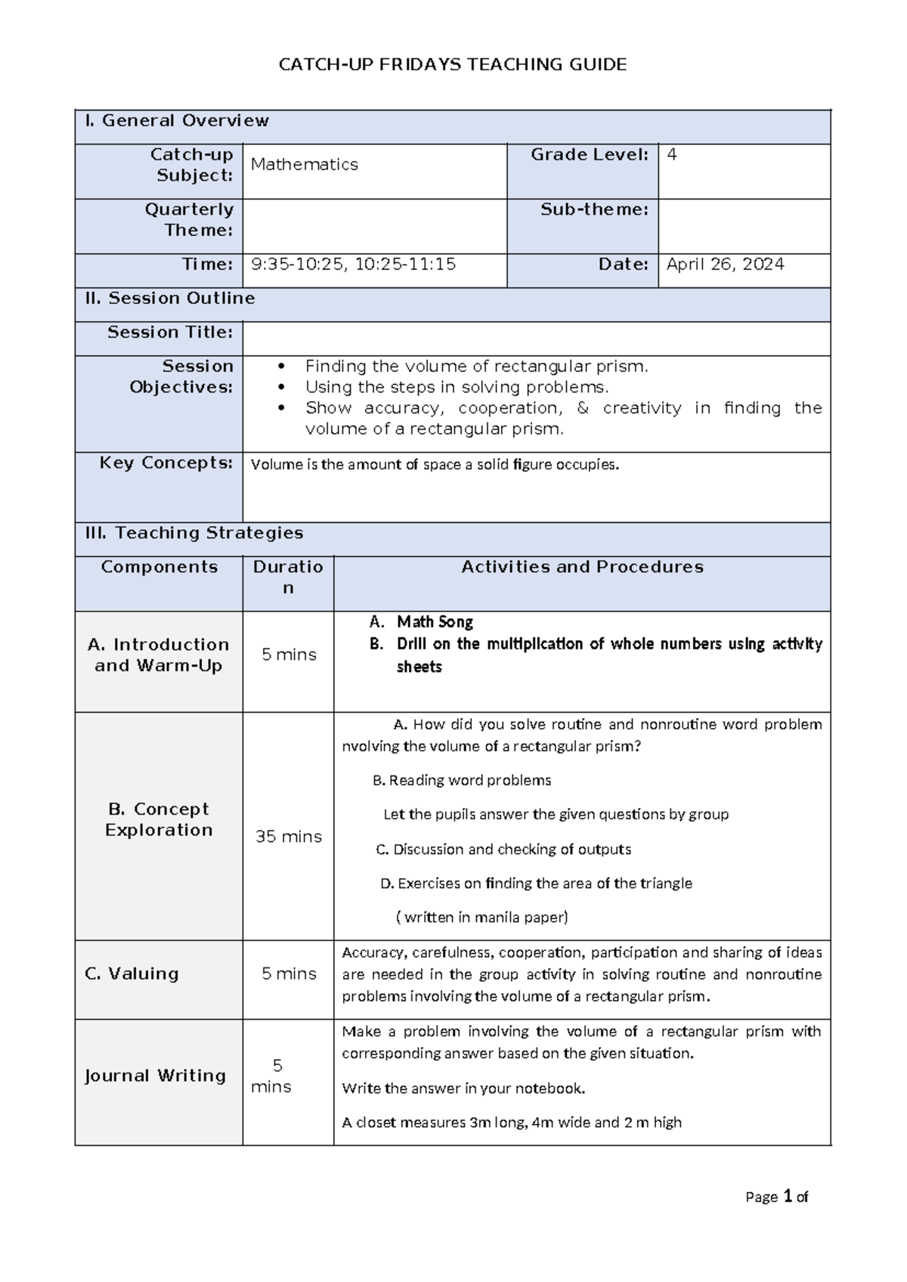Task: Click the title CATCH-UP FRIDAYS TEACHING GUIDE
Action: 453,64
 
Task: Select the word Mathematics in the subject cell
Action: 304,165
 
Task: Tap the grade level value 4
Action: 672,155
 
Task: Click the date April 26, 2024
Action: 725,265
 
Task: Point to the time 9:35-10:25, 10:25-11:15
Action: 353,265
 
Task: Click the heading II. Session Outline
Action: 170,299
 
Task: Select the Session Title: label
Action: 170,333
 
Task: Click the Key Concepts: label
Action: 166,463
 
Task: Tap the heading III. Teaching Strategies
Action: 194,533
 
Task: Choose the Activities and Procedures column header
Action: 582,567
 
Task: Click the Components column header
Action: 159,567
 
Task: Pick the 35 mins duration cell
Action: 288,837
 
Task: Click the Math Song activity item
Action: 435,622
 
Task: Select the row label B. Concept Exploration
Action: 159,819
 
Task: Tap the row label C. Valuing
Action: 132,974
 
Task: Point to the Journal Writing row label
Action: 155,1076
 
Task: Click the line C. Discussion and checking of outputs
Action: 503,850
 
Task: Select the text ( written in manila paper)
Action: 481,918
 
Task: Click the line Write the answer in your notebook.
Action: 463,1088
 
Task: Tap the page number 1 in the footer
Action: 788,1197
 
